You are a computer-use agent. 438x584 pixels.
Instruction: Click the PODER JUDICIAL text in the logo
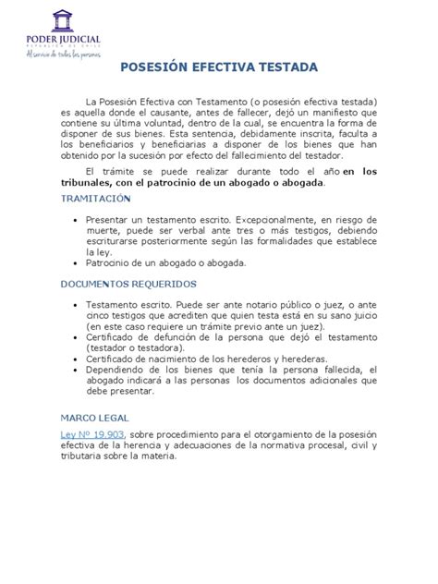[x=64, y=40]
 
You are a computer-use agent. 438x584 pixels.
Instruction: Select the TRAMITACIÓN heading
[x=96, y=199]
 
